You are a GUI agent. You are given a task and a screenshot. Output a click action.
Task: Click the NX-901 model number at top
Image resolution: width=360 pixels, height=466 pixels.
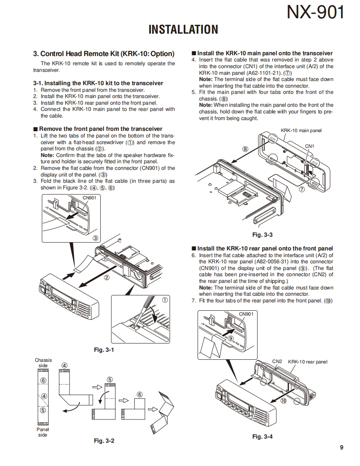pos(316,12)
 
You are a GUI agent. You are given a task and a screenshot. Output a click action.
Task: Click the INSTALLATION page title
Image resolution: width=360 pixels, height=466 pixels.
pos(183,29)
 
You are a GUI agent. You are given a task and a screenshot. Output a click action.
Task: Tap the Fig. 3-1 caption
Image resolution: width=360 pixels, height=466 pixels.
pos(104,350)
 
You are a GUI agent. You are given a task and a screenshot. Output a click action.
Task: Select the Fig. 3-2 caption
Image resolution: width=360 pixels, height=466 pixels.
pos(104,440)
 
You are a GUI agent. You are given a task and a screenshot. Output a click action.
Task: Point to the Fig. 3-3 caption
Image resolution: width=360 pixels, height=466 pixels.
pos(262,235)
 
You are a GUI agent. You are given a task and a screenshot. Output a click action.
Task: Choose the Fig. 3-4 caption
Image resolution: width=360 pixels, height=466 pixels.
pos(262,436)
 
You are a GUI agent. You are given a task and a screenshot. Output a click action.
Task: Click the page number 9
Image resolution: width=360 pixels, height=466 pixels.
pos(341,447)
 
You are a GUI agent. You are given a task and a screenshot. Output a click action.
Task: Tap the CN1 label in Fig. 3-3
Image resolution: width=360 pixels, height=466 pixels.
pos(310,146)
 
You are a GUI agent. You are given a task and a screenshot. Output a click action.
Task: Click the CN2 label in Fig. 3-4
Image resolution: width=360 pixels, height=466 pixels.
pos(277,361)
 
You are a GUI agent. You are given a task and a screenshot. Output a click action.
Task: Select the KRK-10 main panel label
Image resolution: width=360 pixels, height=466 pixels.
pos(301,130)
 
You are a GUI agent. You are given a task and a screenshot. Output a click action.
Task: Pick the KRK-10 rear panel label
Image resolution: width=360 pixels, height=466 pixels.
pos(308,362)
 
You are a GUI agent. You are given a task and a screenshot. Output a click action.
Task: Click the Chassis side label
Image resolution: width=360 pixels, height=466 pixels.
pos(43,363)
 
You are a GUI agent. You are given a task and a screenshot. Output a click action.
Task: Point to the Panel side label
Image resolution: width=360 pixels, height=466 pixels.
pos(43,432)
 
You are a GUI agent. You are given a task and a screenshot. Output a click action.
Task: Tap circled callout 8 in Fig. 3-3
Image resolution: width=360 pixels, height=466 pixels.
pos(245,149)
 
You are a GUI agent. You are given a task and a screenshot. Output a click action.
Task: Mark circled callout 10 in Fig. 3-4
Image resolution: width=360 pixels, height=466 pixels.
pos(283,401)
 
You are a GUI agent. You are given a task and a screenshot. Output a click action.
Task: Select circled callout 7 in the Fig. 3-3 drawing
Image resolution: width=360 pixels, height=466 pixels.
pos(302,189)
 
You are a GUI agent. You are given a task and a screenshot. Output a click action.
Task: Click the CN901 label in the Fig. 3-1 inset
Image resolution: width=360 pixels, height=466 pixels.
pos(89,198)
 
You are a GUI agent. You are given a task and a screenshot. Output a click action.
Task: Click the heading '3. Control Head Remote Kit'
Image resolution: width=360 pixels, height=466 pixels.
pos(104,54)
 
